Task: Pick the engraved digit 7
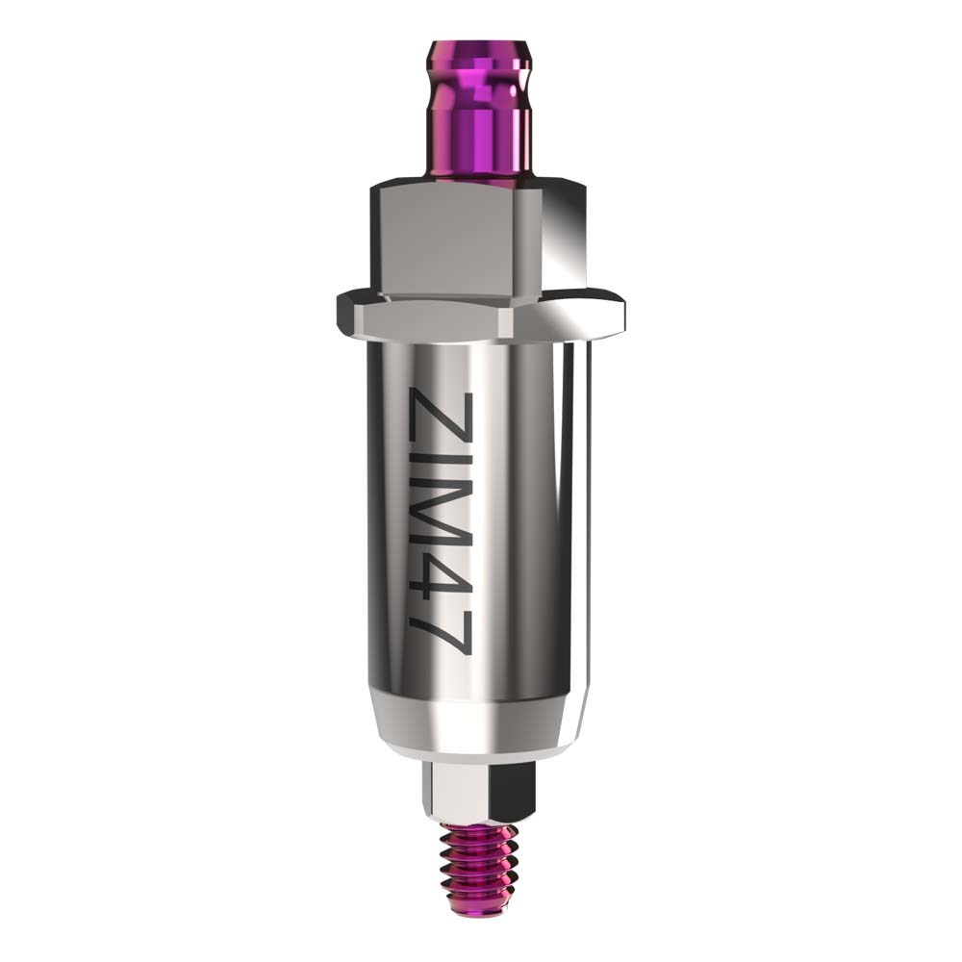tap(440, 636)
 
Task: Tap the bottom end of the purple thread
tap(479, 904)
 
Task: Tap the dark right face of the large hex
tap(568, 240)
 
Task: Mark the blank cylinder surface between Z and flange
tap(440, 361)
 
